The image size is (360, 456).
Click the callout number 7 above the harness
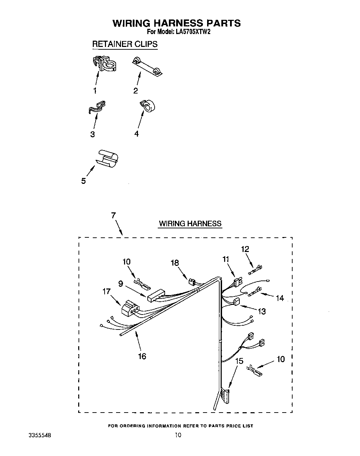pyautogui.click(x=113, y=215)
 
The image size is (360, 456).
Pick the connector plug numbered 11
pyautogui.click(x=238, y=282)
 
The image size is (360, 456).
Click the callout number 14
pyautogui.click(x=279, y=298)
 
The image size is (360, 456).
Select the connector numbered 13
pyautogui.click(x=237, y=302)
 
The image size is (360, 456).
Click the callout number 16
pyautogui.click(x=142, y=356)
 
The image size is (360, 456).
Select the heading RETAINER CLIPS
pyautogui.click(x=124, y=44)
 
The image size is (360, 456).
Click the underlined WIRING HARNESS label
pyautogui.click(x=190, y=223)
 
